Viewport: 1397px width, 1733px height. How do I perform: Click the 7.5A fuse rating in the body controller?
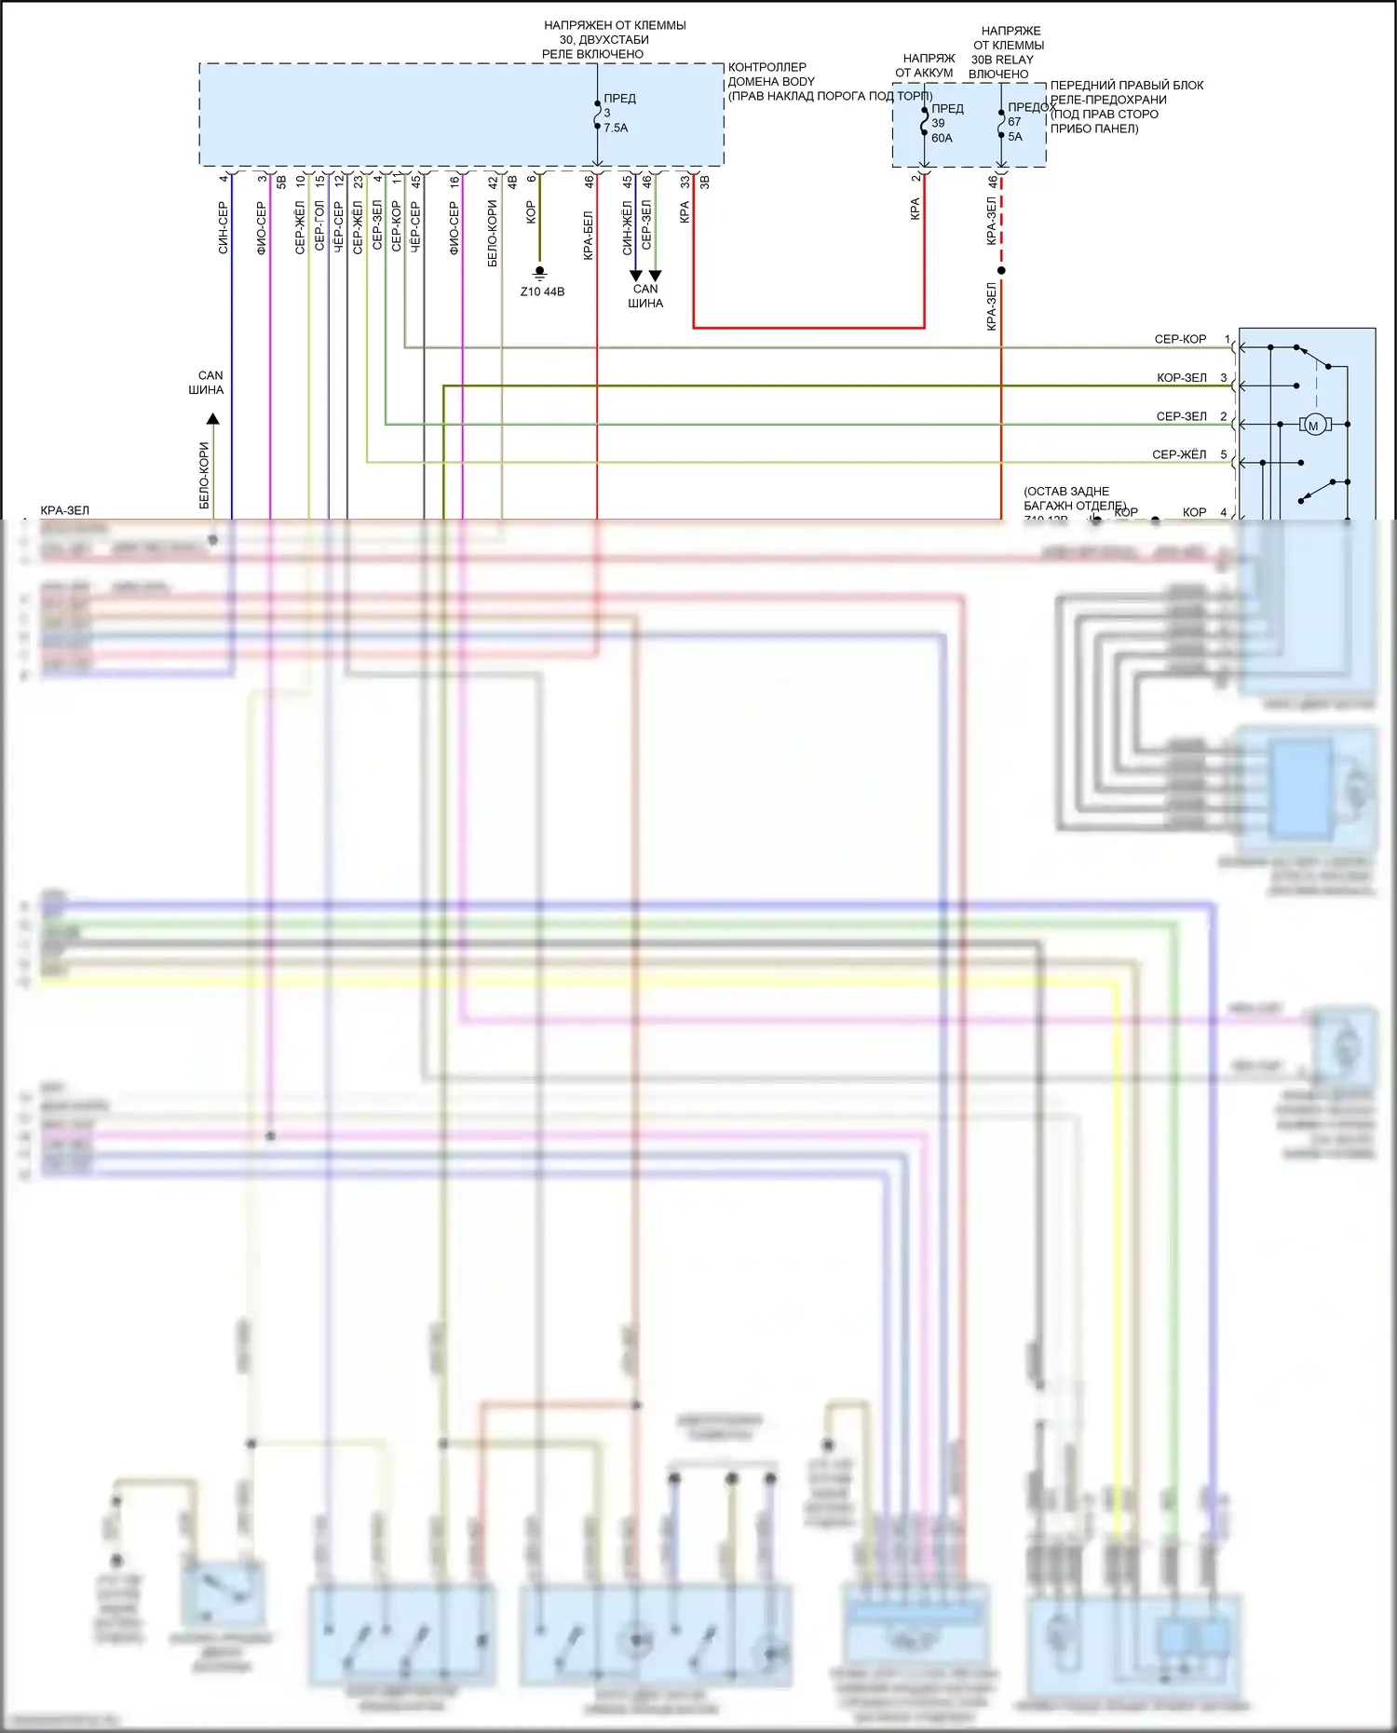tap(616, 128)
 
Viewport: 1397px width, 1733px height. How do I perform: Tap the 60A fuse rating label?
tap(942, 138)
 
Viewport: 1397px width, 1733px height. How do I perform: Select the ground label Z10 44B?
tap(542, 291)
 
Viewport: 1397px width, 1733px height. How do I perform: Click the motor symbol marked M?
tap(1313, 426)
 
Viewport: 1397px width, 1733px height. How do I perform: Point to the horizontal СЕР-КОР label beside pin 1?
tap(1180, 339)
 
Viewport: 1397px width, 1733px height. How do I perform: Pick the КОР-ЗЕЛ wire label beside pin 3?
tap(1181, 378)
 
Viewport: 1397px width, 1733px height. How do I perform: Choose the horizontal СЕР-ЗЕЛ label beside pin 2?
tap(1181, 416)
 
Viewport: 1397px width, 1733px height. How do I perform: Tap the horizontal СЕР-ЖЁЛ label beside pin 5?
tap(1179, 454)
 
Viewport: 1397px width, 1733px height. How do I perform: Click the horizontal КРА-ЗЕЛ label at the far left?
tap(65, 510)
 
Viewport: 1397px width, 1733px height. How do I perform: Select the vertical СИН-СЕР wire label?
tap(223, 227)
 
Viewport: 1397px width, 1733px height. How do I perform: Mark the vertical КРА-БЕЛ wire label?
tap(588, 235)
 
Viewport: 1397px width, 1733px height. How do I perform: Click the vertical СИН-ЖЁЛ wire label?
tap(627, 227)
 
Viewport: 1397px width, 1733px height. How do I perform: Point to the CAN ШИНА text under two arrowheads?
tap(645, 296)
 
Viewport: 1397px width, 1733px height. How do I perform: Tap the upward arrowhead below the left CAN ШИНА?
tap(212, 420)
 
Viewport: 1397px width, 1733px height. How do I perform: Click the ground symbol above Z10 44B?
tap(540, 273)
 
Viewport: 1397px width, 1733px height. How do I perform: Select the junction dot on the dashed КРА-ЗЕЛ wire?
tap(1001, 271)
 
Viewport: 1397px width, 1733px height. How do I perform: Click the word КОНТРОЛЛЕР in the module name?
tap(766, 67)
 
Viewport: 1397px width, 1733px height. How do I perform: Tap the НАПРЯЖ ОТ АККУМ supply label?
tap(925, 65)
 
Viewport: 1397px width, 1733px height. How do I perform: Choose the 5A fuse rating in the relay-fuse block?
tap(1015, 136)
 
